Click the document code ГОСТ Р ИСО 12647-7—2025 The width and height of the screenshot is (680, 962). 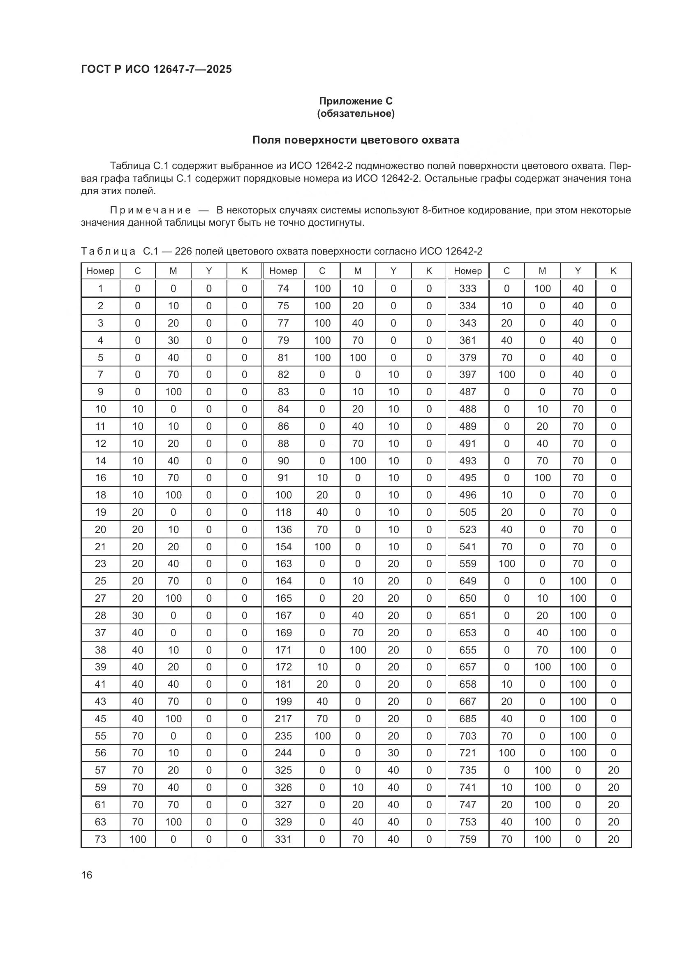point(156,69)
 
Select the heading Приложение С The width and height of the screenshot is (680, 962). point(356,101)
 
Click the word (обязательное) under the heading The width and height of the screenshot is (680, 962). point(356,114)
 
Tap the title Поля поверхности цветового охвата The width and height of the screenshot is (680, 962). point(356,140)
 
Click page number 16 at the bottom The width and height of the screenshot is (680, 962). point(87,875)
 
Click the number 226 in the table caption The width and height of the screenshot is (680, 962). point(183,251)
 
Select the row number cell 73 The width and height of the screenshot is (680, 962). point(100,839)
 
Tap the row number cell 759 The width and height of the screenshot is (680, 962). point(468,839)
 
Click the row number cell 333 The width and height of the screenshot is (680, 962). point(468,288)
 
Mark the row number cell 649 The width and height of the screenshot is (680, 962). point(468,581)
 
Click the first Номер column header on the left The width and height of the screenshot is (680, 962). point(100,271)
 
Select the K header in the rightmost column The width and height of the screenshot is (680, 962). point(613,271)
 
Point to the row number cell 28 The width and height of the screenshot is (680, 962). point(100,616)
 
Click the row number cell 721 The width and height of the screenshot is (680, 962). point(468,753)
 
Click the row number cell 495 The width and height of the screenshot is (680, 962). point(468,478)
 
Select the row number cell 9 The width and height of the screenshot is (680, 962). point(100,392)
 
